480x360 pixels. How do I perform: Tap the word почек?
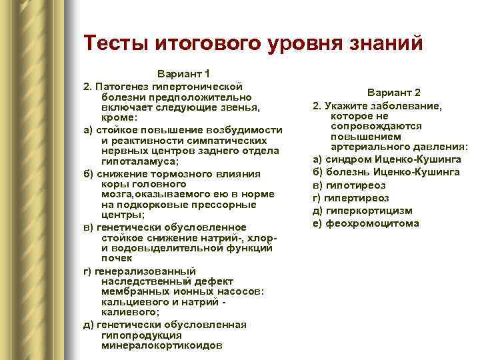pyautogui.click(x=117, y=259)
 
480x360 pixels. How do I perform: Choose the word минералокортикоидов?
pyautogui.click(x=162, y=346)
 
